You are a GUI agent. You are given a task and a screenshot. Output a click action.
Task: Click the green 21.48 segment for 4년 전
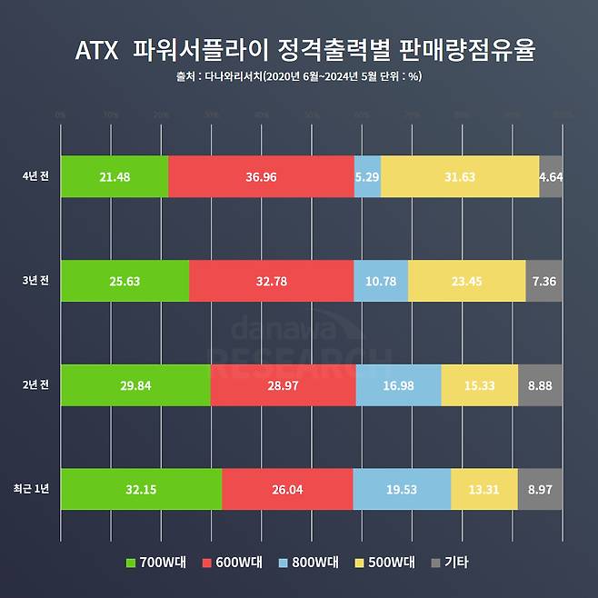point(115,176)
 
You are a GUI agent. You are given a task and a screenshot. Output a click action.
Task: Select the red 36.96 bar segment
point(261,176)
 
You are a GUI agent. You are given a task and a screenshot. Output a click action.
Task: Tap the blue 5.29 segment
point(367,176)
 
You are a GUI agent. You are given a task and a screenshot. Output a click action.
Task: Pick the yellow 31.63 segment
point(460,176)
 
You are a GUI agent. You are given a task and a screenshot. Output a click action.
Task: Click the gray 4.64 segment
point(551,176)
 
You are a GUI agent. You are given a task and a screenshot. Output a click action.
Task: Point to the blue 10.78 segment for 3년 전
point(380,281)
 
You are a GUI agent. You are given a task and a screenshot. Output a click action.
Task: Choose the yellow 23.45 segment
point(466,281)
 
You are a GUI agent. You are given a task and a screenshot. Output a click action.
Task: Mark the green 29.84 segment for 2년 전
point(135,385)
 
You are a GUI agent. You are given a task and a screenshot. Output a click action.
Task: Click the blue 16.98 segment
point(398,385)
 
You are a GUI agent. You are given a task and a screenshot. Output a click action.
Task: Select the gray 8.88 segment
point(540,385)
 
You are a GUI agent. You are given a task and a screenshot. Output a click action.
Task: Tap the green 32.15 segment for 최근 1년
point(141,490)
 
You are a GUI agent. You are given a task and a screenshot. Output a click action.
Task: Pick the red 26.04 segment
point(287,490)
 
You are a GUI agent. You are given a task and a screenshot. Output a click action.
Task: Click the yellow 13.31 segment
point(483,490)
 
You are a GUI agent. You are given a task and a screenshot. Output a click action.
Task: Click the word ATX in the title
point(96,50)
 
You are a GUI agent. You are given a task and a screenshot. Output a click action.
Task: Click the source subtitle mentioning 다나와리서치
point(298,76)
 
